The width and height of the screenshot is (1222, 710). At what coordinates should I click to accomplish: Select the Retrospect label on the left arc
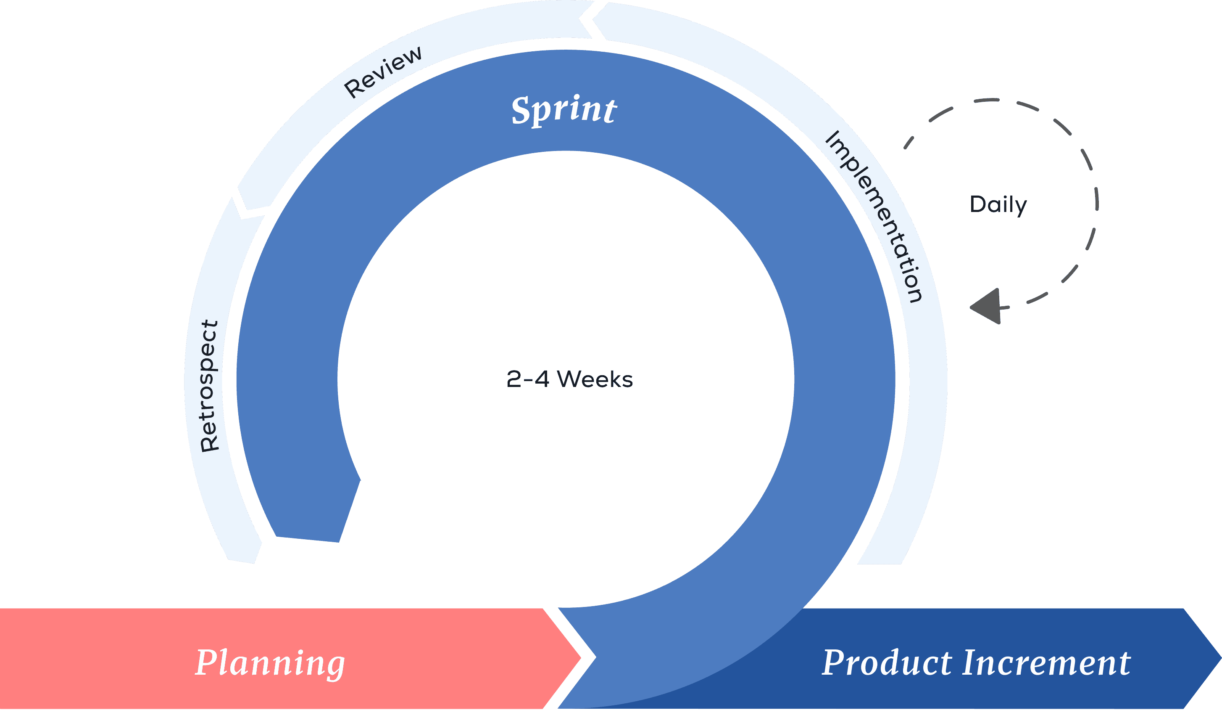(210, 386)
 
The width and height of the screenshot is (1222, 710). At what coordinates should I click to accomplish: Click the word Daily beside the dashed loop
(998, 204)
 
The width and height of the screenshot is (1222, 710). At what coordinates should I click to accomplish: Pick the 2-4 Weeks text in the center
(569, 379)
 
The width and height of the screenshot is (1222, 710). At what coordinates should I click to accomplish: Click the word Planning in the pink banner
(270, 663)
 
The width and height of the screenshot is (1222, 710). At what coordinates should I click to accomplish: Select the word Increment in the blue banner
(1046, 663)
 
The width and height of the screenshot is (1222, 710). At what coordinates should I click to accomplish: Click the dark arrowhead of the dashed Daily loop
(987, 306)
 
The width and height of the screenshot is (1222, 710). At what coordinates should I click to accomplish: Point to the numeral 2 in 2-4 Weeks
(514, 379)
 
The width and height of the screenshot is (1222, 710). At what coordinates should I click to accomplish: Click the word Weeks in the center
(595, 379)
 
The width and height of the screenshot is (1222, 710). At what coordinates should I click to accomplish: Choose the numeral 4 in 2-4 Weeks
(541, 379)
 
